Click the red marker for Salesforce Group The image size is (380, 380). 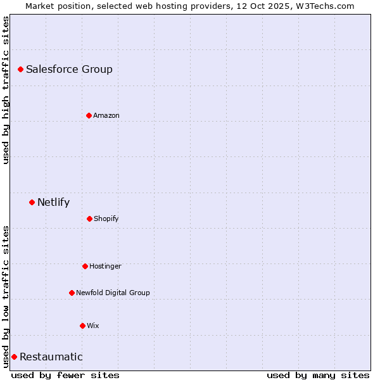(20, 69)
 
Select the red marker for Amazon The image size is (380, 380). (89, 115)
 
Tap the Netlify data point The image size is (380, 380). (32, 202)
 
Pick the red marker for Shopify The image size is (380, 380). (89, 218)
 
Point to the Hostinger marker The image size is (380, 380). (85, 266)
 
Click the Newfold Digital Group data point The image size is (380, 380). (72, 293)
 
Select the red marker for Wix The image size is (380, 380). (82, 326)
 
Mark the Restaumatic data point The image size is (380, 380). (14, 357)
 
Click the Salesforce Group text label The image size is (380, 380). (69, 70)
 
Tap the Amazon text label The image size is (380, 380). (106, 115)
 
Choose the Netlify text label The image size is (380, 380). (53, 203)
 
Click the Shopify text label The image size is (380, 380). (106, 219)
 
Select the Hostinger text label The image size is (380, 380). (105, 267)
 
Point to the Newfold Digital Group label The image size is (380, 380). (113, 293)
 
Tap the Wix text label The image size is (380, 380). (93, 326)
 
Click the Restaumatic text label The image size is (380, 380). (51, 357)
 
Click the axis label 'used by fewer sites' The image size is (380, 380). (65, 375)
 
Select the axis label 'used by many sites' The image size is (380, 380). (318, 375)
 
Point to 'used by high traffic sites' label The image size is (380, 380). (6, 90)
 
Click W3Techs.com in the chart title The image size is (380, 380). (322, 6)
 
